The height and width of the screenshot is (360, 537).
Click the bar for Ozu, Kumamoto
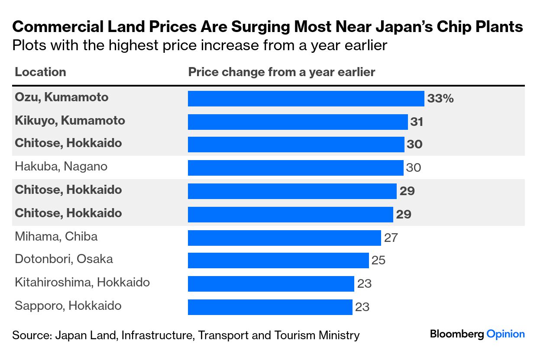[x=306, y=99]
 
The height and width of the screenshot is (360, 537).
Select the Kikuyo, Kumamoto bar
[x=298, y=122]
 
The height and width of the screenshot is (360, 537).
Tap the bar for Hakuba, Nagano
[x=295, y=167]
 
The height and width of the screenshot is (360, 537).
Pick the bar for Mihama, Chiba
[x=284, y=238]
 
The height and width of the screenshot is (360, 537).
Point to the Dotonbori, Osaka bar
[x=278, y=260]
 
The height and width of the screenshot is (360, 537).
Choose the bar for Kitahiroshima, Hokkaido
[x=271, y=284]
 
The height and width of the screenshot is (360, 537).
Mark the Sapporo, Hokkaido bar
[x=270, y=307]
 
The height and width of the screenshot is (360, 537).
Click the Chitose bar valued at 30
[x=296, y=145]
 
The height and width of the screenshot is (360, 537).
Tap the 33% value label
[x=440, y=99]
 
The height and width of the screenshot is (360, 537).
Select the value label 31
[x=417, y=122]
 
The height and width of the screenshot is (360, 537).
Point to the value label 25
[x=378, y=260]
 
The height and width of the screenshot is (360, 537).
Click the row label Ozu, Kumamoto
[x=61, y=97]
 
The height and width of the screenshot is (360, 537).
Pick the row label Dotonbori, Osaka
[x=64, y=259]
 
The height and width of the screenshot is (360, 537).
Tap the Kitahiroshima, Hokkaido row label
[x=82, y=283]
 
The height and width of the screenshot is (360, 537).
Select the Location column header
[x=40, y=72]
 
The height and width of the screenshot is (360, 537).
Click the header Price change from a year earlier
[x=281, y=72]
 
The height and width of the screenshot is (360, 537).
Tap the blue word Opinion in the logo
[x=505, y=334]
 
